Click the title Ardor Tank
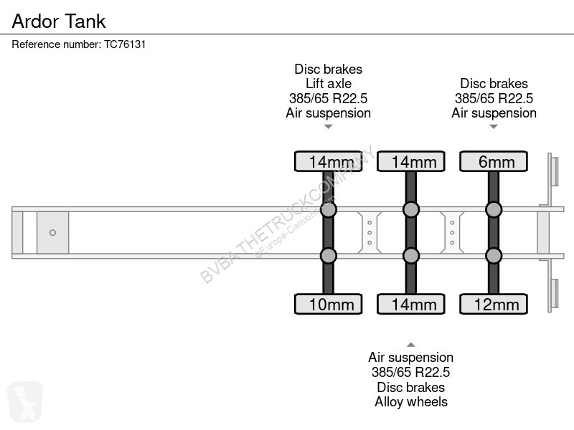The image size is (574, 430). coord(59,21)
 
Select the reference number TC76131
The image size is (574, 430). coord(125,44)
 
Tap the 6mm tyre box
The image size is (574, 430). coord(494,161)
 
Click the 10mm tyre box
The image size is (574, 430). coord(329,304)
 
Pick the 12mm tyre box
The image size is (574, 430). coord(494,304)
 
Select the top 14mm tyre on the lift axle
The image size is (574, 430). coord(329,161)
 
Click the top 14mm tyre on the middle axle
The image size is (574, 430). coord(410,161)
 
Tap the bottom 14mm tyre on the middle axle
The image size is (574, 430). coord(410,304)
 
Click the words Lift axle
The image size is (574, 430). coord(329,84)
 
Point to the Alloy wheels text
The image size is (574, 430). coord(410,402)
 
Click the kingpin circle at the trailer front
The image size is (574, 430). coord(52,232)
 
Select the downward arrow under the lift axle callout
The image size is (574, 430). coord(329,127)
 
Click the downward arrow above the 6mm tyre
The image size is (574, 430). coord(494,127)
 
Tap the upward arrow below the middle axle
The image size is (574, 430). coord(410,345)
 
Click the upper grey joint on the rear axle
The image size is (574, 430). coord(494,209)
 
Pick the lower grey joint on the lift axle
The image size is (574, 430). coord(329,256)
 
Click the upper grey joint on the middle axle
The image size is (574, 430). coord(410,209)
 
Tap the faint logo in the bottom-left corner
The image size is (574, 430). coord(25,401)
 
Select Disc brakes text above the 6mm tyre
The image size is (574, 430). coord(494,84)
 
